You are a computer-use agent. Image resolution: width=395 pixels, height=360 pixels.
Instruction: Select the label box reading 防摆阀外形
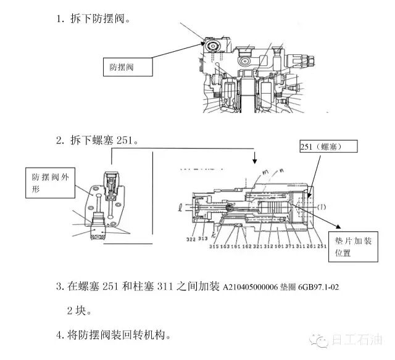(52, 182)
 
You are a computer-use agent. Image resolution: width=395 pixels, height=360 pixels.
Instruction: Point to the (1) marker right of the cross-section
(322, 208)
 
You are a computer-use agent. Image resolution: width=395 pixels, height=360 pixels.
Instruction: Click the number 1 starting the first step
(59, 18)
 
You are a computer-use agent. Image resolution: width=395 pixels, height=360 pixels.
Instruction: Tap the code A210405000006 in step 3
(249, 286)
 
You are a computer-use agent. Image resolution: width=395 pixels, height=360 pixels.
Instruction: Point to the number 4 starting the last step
(59, 335)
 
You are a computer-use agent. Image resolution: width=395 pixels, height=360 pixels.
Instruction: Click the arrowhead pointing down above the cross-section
(256, 162)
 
